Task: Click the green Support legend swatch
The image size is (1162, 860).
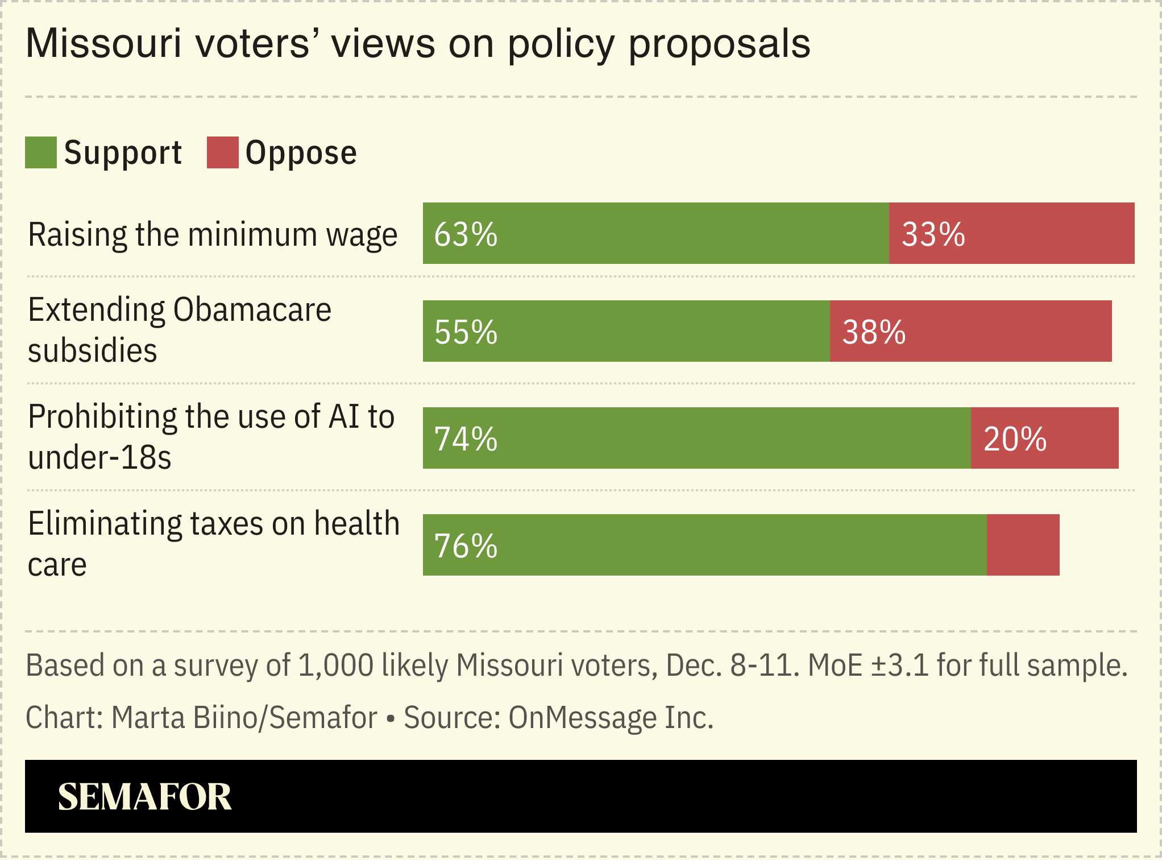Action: (41, 152)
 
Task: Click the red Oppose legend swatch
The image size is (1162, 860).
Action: (222, 152)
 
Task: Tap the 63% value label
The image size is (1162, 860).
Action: (466, 234)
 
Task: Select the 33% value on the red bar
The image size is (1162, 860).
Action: (933, 234)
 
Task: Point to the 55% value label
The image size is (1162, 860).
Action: (466, 332)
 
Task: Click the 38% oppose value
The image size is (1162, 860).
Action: (873, 332)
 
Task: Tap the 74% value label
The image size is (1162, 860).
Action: (466, 439)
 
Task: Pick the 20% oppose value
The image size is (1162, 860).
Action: (1015, 439)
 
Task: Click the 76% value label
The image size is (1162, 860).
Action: (466, 545)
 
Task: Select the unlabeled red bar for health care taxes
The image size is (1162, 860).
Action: (1023, 545)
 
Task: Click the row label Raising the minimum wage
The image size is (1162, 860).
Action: (213, 234)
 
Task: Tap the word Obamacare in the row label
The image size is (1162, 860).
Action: (252, 310)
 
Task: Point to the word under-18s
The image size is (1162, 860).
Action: (99, 457)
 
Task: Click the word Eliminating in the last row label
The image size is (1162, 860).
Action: (105, 523)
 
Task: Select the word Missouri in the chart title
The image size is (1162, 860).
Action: (103, 43)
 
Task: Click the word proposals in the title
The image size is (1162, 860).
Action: (719, 44)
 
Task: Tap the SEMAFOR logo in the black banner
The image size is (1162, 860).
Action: (145, 796)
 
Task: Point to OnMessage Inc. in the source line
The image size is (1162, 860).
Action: (611, 717)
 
